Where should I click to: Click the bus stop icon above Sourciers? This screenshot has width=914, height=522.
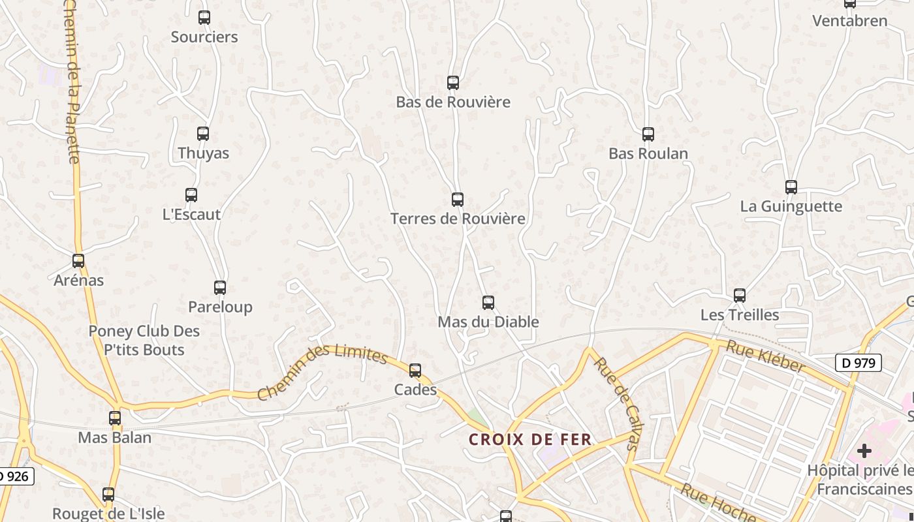[x=204, y=18]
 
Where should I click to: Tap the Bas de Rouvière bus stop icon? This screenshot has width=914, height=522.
[x=453, y=83]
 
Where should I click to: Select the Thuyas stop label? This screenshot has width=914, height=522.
[x=204, y=153]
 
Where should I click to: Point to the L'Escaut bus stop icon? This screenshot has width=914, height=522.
[x=191, y=195]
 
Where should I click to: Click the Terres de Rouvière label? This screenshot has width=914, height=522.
[x=458, y=219]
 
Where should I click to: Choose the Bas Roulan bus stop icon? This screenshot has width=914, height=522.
[x=648, y=134]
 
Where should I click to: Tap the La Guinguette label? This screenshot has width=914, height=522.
[x=791, y=206]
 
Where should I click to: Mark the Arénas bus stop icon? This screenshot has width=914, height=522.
[x=78, y=261]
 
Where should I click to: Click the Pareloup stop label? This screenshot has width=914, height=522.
[x=220, y=307]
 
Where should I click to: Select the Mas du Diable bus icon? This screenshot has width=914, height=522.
[x=488, y=303]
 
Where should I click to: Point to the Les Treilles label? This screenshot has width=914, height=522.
[x=740, y=315]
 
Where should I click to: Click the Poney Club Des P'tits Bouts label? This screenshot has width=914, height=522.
[x=144, y=341]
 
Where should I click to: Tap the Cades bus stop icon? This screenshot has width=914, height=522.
[x=415, y=371]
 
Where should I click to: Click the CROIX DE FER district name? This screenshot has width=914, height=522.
[x=530, y=440]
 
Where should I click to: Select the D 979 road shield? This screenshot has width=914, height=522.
[x=859, y=363]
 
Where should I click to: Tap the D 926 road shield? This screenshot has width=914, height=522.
[x=14, y=476]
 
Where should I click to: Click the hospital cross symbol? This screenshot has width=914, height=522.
[x=864, y=451]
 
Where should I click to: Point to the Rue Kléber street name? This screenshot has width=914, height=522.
[x=765, y=357]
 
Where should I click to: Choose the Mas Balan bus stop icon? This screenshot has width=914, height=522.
[x=115, y=418]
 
